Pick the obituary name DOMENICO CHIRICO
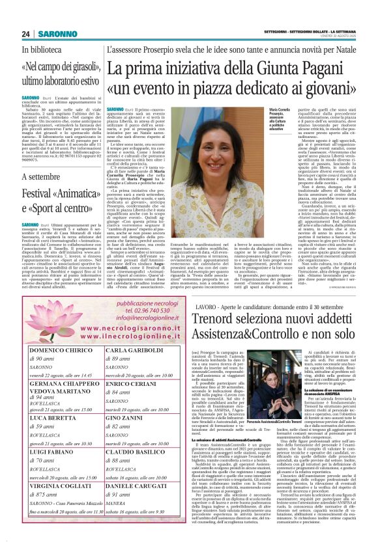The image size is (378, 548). coord(62,350)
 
